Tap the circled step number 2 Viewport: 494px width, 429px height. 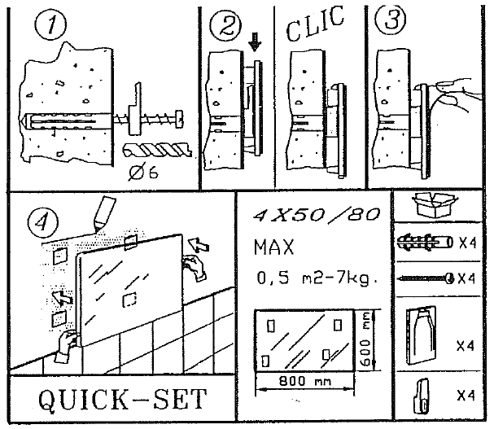[x=221, y=28]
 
